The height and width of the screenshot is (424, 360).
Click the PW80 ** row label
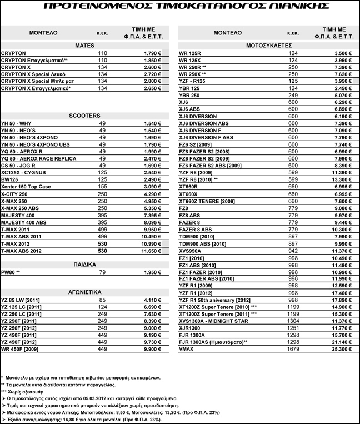(11, 272)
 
